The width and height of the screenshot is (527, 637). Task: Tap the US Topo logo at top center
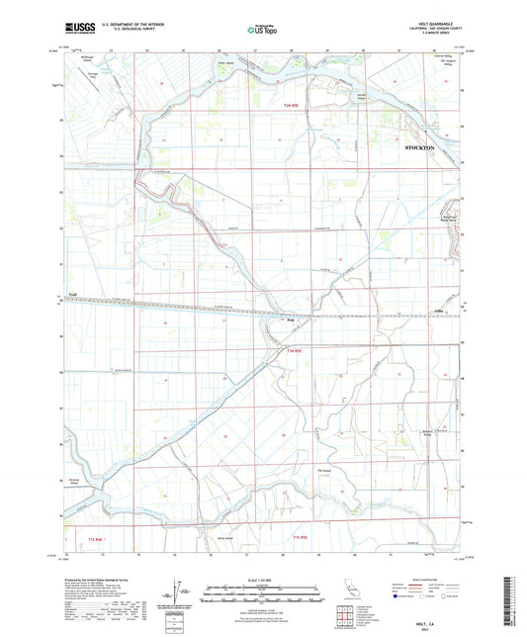263,30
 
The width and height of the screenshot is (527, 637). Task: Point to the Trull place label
71,294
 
